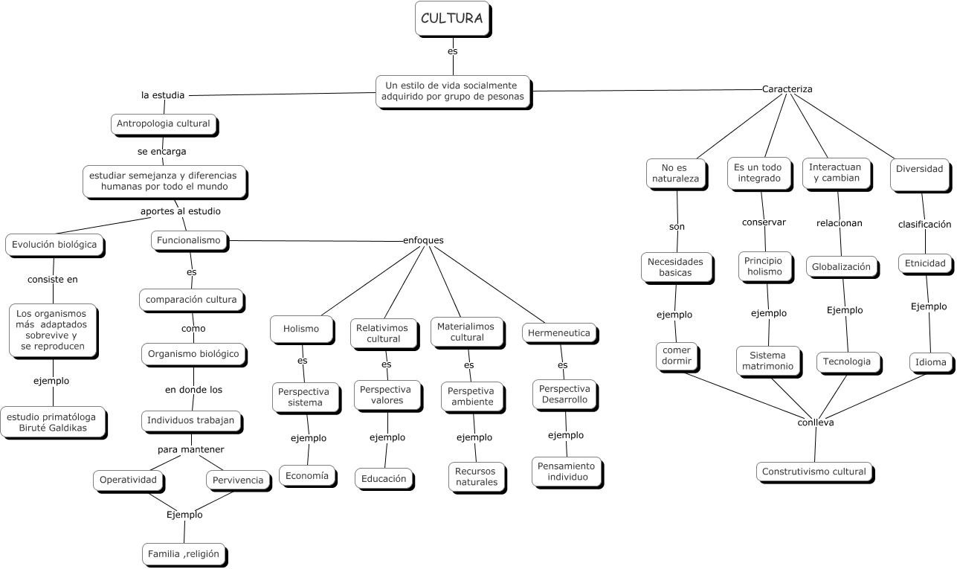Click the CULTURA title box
point(452,19)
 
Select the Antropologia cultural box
point(164,123)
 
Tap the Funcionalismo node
point(189,240)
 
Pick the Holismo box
point(300,328)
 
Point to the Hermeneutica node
point(558,333)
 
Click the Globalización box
point(840,266)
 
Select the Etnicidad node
point(925,263)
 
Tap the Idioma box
point(930,362)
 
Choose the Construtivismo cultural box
point(813,471)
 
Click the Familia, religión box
point(183,553)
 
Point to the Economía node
point(306,475)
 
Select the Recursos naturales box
point(477,477)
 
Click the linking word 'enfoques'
point(423,240)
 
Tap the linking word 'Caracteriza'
point(787,89)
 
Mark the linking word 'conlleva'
point(815,422)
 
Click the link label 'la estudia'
point(163,94)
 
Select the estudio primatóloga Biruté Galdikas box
point(51,422)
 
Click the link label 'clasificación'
point(924,223)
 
